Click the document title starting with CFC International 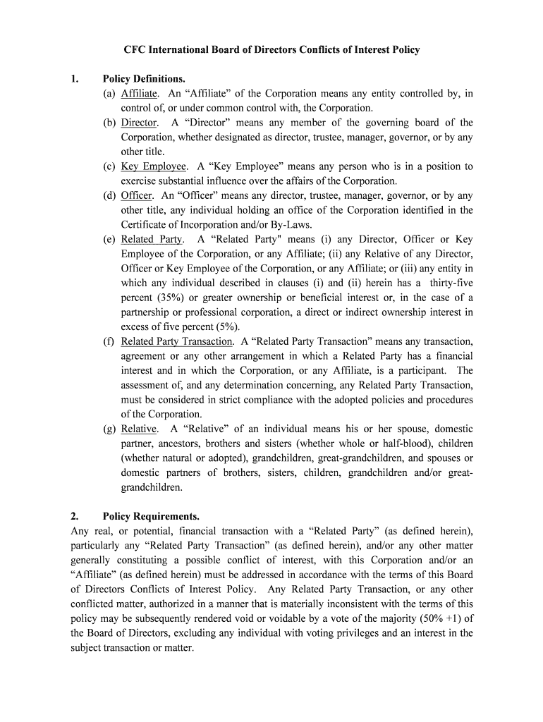[x=271, y=49]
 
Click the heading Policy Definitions [x=144, y=79]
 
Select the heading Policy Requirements [x=150, y=515]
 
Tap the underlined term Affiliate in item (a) [x=140, y=93]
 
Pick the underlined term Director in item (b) [x=139, y=123]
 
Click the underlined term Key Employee [x=154, y=166]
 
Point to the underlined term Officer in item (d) [x=137, y=195]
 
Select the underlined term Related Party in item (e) [x=151, y=239]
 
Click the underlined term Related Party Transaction [x=176, y=341]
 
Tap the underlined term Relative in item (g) [x=139, y=429]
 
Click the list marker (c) [x=109, y=166]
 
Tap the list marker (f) [x=109, y=341]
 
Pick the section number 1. [x=75, y=79]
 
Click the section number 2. [x=75, y=515]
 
